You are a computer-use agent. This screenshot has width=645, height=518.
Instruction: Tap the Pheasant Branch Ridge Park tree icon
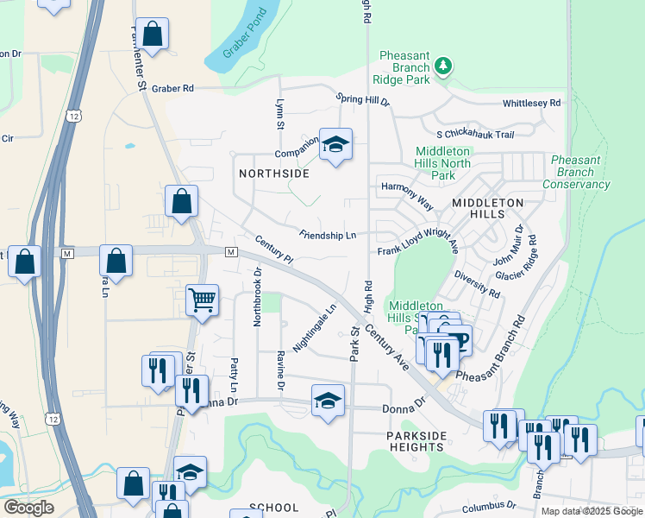[x=442, y=65]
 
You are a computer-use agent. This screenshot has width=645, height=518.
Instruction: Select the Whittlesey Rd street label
[x=531, y=103]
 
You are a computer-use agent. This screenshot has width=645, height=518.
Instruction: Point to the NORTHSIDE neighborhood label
[x=273, y=174]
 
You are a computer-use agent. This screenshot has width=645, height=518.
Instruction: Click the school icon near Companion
[x=335, y=144]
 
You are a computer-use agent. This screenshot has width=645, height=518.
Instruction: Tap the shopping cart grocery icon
[x=202, y=300]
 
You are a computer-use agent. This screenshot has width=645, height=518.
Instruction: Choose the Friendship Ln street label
[x=328, y=234]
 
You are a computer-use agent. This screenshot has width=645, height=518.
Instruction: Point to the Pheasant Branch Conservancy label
[x=576, y=172]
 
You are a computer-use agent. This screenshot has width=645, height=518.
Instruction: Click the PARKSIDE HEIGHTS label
[x=416, y=440]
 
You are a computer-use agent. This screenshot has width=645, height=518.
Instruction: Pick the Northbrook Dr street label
[x=257, y=296]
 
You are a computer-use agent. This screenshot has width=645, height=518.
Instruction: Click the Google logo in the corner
[x=28, y=508]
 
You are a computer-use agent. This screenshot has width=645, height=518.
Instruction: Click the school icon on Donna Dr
[x=328, y=400]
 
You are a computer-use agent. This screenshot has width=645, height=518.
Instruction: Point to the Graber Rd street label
[x=172, y=88]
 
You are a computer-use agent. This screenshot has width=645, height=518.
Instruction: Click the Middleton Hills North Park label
[x=443, y=163]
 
